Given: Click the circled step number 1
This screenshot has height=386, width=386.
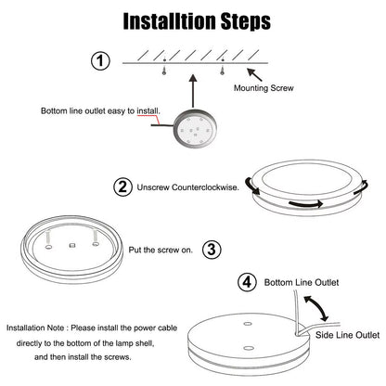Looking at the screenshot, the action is tap(100, 60).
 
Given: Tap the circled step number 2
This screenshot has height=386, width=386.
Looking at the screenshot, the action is tap(122, 187).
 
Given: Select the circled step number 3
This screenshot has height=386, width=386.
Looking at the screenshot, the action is tap(212, 250).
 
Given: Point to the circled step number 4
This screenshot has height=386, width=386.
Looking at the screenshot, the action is tap(247, 282).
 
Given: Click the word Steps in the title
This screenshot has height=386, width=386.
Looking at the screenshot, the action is tap(246, 21).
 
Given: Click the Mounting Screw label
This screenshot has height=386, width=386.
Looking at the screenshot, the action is tap(264, 88).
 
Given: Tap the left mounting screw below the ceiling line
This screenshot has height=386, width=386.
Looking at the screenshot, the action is tap(164, 71).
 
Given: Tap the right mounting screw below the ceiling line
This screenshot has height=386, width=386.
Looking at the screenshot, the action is tap(222, 71).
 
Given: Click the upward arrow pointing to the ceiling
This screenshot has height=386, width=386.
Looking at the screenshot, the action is tap(193, 91).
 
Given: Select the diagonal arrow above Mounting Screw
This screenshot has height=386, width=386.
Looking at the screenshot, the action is tap(254, 74).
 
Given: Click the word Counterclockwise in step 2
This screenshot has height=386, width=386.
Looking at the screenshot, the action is tap(205, 187).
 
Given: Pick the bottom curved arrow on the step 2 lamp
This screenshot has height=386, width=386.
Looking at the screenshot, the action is tap(305, 204).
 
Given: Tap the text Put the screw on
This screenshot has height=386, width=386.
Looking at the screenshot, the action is tap(161, 250).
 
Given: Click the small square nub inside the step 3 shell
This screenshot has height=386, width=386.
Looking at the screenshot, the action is tap(72, 245).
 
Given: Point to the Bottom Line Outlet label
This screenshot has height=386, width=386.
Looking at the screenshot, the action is tap(302, 282).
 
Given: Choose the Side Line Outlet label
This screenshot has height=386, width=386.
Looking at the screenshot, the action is tap(347, 335).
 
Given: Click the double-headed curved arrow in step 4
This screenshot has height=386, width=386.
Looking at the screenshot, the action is tap(316, 308).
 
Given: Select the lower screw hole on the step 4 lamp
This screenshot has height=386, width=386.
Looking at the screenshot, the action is tap(248, 348).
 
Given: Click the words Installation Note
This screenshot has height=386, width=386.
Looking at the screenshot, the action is tap(35, 328).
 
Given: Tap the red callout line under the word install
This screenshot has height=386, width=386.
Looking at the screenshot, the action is tap(148, 118).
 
